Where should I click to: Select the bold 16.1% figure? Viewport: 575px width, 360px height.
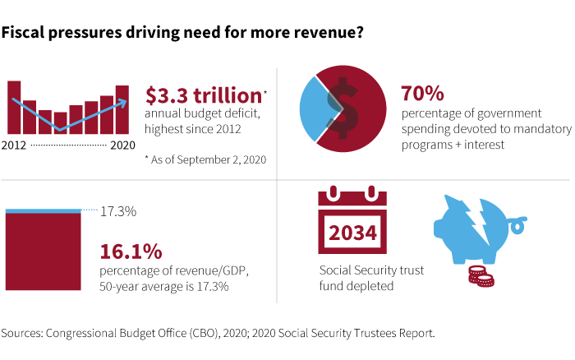coord(131,252)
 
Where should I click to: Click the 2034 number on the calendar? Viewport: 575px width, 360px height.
coord(353,232)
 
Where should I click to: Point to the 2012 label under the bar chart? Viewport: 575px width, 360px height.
coord(17,145)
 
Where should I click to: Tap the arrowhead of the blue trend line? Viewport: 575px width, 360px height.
coord(123,103)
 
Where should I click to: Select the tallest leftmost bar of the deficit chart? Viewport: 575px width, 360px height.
coord(14,107)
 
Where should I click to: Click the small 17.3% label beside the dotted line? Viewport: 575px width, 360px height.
coord(118,212)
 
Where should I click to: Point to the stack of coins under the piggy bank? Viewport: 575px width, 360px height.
coord(480,275)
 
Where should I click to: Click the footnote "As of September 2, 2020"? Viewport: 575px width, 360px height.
coord(205,158)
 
